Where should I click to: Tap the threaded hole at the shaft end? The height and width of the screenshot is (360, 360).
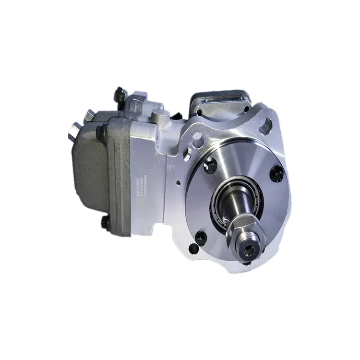pos(249,249)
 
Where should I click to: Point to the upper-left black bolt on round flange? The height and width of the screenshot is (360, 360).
pos(210,166)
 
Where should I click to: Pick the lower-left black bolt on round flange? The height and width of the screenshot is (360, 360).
pos(201,237)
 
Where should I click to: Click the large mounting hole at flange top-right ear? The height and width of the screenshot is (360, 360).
pos(265,126)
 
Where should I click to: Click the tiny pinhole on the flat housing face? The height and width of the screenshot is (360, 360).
pos(177,182)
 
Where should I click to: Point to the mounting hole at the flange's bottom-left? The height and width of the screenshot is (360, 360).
pos(192,248)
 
